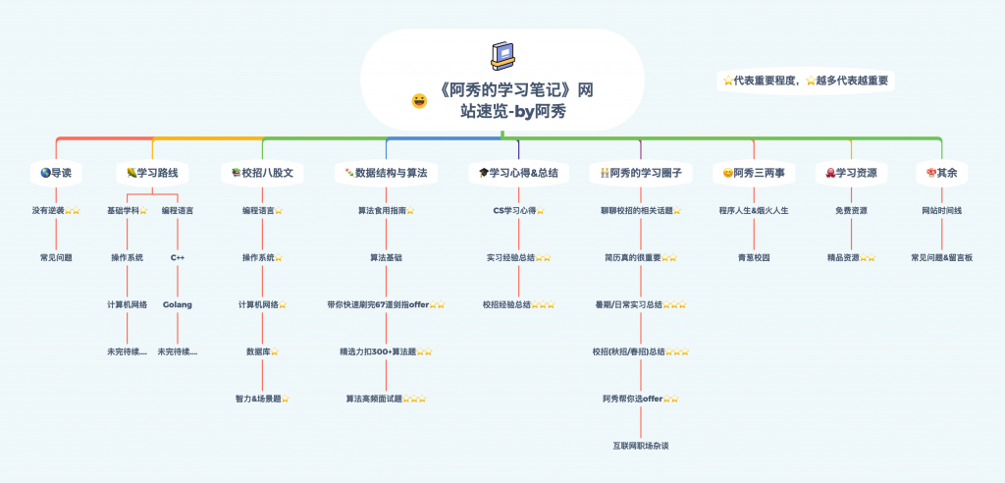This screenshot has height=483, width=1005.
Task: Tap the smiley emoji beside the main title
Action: coord(419,100)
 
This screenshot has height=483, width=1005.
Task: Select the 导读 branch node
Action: coord(56,173)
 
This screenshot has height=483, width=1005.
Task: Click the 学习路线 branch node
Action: coord(152,173)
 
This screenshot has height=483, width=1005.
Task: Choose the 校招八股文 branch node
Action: coord(262,173)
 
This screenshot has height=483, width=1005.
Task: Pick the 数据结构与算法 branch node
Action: coord(386,173)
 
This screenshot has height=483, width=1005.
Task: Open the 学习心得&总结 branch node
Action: coord(518,173)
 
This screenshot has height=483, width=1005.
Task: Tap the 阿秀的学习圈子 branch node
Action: coord(640,173)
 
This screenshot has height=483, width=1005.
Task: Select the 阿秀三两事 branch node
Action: coord(754,173)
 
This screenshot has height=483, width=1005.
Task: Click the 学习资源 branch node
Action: coord(851,173)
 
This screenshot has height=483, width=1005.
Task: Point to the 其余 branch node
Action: coord(941,173)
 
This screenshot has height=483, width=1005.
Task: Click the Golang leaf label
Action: coord(178,304)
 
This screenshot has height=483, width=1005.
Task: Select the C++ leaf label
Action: coord(178,257)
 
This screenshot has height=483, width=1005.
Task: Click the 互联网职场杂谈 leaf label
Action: coord(640,446)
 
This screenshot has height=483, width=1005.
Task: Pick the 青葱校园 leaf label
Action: coord(754,257)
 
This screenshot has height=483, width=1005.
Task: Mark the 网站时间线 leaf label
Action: coord(941,210)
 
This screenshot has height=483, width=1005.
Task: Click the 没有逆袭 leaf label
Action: coord(49,210)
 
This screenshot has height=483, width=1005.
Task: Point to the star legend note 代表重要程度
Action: coord(806,81)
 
